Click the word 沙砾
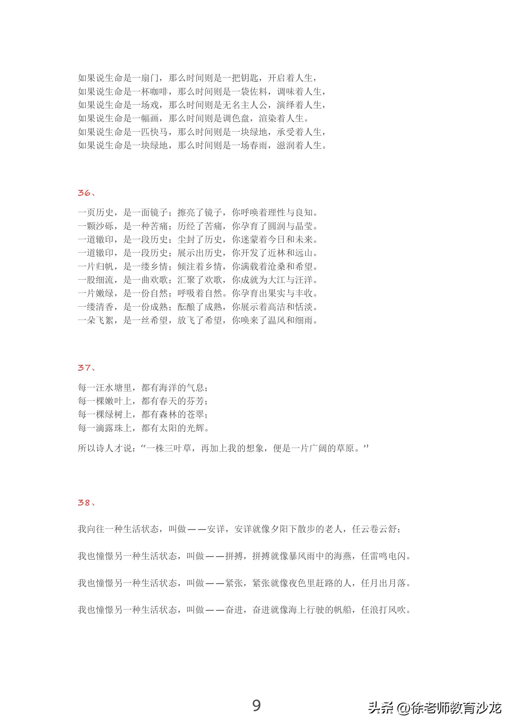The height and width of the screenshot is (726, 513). click(105, 226)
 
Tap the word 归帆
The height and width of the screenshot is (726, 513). click(105, 267)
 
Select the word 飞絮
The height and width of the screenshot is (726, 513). click(105, 321)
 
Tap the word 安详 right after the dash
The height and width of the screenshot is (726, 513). click(216, 529)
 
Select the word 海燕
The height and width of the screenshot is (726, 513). click(343, 556)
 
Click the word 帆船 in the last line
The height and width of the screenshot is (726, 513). click(343, 610)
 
